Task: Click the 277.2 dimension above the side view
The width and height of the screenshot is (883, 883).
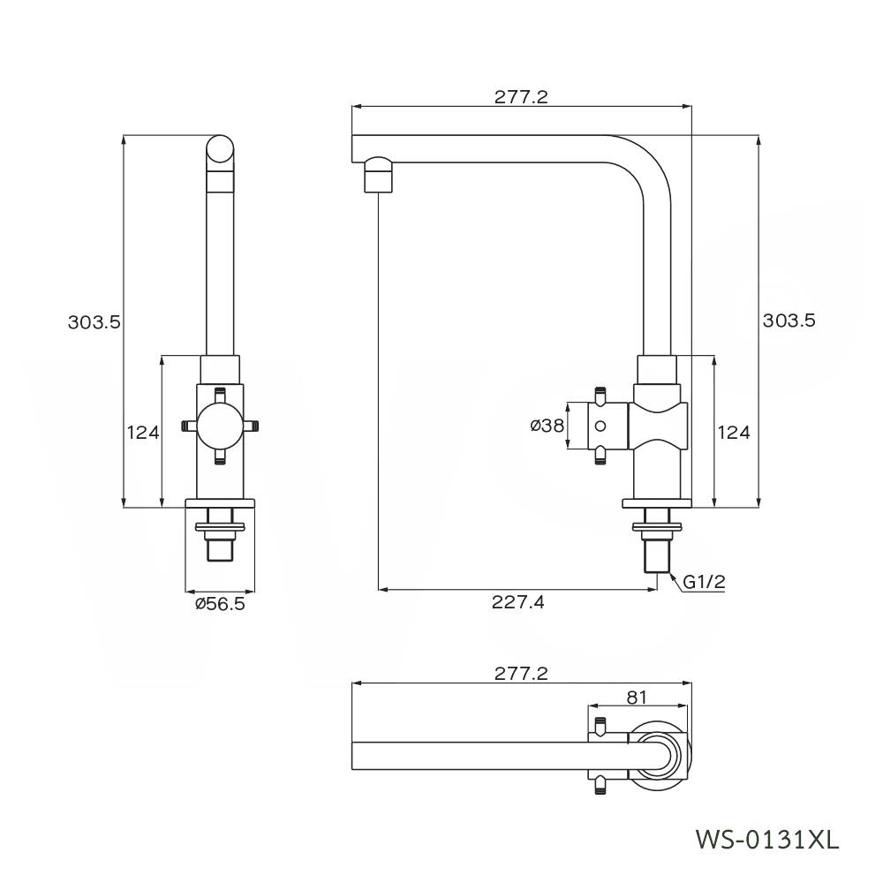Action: click(521, 97)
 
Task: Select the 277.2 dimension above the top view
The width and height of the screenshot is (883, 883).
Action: click(521, 674)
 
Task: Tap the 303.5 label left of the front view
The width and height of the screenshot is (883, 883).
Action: click(94, 322)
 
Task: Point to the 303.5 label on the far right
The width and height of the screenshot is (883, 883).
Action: click(789, 321)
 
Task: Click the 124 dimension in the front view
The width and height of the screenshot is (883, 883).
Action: click(142, 432)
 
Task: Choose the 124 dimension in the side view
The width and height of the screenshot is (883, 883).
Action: click(734, 432)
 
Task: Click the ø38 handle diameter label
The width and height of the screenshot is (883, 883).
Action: click(547, 426)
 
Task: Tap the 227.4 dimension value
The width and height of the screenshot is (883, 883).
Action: click(519, 602)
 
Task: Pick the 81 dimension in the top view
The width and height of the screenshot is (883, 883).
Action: click(637, 697)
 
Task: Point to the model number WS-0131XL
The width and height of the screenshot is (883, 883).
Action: click(767, 836)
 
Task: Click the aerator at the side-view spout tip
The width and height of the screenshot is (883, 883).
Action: click(378, 174)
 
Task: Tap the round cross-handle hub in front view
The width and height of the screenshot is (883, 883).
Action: click(220, 426)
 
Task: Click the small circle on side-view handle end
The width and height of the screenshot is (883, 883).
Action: click(600, 426)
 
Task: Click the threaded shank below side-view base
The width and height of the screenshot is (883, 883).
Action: click(657, 552)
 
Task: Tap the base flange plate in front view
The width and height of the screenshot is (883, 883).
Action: click(220, 503)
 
